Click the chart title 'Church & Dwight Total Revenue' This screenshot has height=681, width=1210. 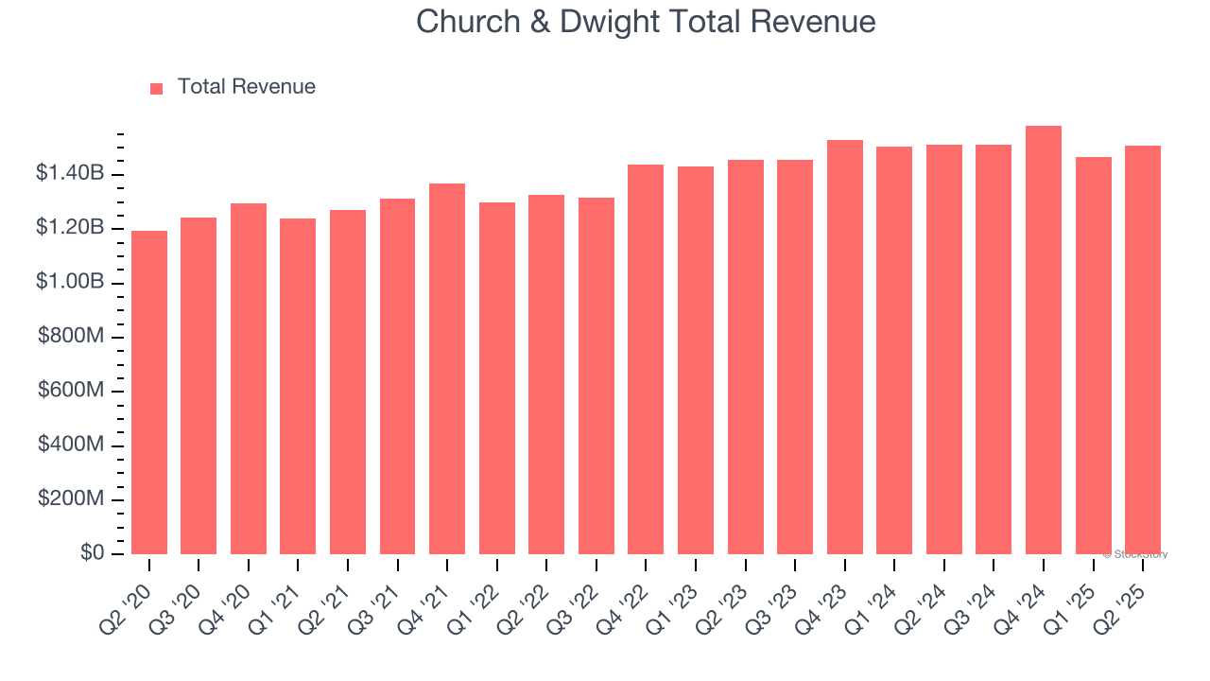point(646,22)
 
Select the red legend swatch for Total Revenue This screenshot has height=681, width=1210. point(157,88)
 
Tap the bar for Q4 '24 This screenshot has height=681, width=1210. point(1044,340)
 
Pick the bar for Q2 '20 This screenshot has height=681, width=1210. point(149,393)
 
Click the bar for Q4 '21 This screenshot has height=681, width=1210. point(447,369)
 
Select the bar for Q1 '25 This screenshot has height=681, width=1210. point(1093,356)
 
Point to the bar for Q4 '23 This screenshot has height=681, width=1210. point(844,347)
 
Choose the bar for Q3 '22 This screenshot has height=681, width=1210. point(596,375)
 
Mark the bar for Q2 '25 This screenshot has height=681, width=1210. point(1143,350)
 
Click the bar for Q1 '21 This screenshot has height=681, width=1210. point(298,386)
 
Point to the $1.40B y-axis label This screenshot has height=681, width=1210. point(70,173)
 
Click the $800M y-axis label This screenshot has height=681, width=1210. point(71,336)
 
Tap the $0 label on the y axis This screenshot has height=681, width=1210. point(92,553)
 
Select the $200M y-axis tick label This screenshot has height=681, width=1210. point(71,498)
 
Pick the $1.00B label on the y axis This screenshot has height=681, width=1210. point(70,282)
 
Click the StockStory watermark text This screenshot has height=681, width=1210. point(1135,554)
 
